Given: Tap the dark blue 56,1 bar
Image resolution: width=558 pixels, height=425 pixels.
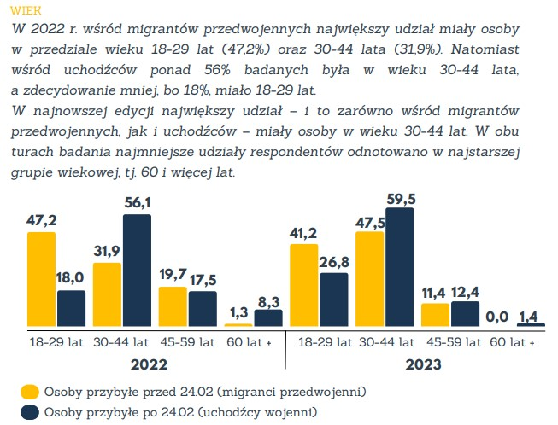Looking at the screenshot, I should (137, 271).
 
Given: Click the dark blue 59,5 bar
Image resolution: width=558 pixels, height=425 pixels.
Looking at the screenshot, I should (399, 266).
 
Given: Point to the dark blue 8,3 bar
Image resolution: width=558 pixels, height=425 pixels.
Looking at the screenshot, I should (268, 318).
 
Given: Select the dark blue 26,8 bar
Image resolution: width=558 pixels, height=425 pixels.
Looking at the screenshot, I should (334, 299).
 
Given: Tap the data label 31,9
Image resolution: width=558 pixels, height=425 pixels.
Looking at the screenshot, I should (108, 252).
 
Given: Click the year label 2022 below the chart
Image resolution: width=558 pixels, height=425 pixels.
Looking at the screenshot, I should (150, 364).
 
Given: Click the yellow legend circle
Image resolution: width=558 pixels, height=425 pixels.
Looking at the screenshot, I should (29, 392).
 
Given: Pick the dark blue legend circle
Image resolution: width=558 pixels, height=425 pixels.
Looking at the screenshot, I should (29, 412).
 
